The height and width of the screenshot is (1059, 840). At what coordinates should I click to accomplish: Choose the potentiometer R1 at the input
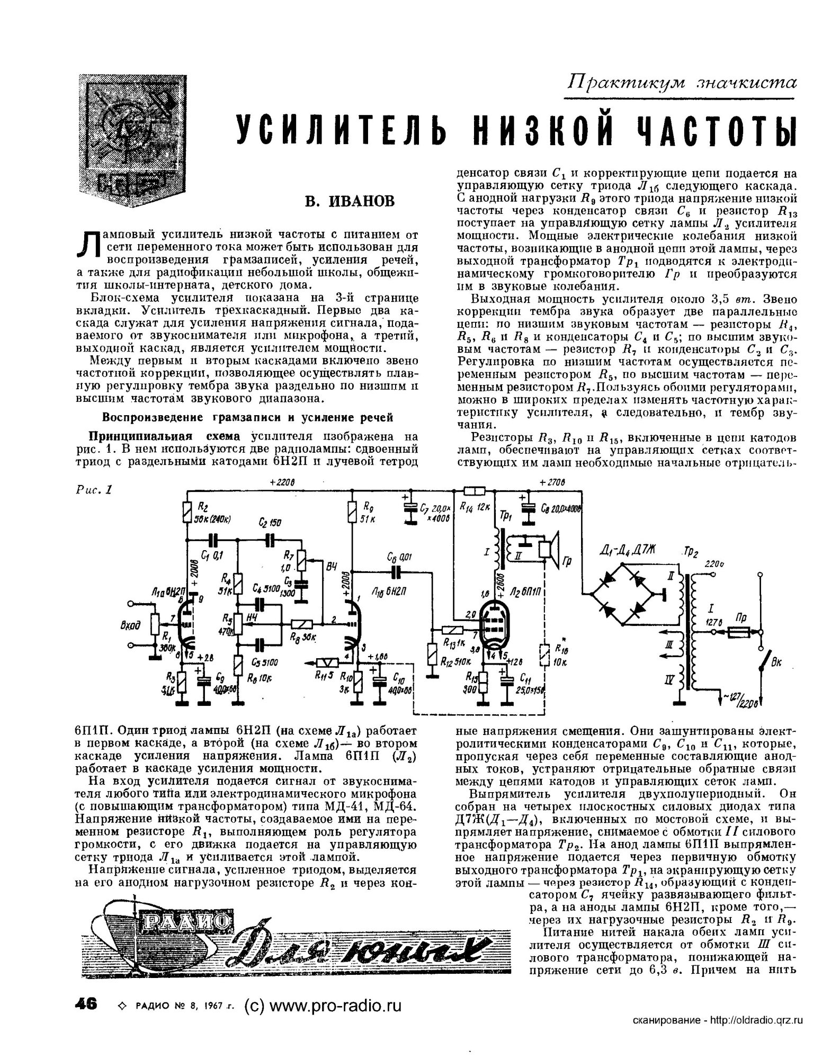(x=155, y=625)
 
